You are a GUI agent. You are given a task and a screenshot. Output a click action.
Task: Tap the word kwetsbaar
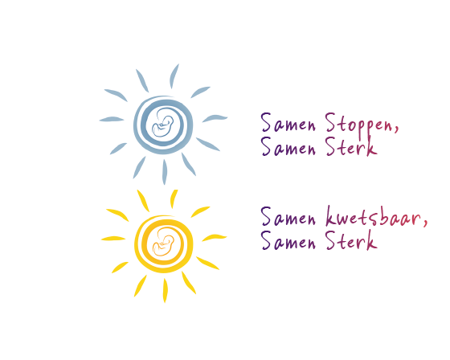point(373,217)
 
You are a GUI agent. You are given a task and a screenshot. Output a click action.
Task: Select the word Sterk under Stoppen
point(351,146)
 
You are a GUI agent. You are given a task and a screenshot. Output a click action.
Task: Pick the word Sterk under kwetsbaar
point(351,240)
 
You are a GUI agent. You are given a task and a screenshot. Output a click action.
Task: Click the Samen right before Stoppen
point(288,123)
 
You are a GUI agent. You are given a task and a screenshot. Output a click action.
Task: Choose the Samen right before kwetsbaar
point(288,216)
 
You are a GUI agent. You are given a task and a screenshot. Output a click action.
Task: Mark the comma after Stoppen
point(396,129)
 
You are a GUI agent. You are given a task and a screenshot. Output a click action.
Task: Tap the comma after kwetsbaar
point(425,223)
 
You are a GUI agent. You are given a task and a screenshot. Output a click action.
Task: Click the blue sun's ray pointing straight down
point(165,172)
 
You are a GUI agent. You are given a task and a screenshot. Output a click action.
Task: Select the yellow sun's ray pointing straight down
point(165,291)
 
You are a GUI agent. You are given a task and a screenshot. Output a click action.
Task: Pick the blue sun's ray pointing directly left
point(112,119)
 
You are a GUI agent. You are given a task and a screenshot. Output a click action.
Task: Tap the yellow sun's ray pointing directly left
point(113,239)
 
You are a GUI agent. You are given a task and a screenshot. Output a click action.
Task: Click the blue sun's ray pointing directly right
point(215,118)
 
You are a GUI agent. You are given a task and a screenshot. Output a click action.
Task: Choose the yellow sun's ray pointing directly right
point(215,237)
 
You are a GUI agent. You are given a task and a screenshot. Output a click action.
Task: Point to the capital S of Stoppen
point(330,123)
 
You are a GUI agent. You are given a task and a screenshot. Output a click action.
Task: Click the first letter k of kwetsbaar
point(331,215)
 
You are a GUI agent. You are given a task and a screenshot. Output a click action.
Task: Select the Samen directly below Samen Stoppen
point(288,146)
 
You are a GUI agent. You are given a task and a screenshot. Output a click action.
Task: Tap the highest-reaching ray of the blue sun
point(174,76)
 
